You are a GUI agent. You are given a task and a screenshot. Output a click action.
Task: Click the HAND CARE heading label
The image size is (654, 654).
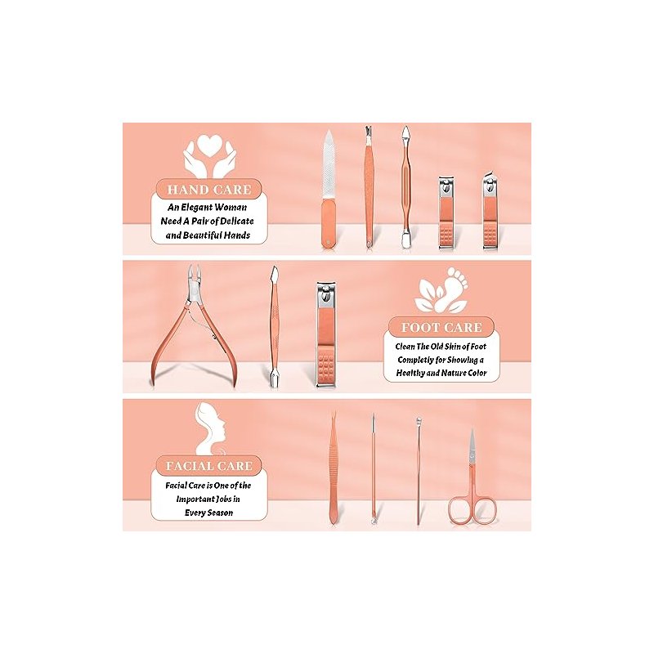209,190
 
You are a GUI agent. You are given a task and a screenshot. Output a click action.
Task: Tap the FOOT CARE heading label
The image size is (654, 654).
441,328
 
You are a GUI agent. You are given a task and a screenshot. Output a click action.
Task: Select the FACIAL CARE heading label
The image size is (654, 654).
209,466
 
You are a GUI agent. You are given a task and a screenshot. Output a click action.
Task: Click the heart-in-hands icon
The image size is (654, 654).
209,155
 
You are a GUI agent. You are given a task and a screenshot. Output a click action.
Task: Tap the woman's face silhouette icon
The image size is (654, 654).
211,428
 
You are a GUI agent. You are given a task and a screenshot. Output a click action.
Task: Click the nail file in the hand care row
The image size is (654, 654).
329,189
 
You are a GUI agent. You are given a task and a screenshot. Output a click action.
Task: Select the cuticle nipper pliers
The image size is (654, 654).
195,325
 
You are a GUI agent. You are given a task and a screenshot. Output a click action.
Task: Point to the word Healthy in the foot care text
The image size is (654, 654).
410,373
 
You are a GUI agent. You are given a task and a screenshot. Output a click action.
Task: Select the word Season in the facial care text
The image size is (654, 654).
220,513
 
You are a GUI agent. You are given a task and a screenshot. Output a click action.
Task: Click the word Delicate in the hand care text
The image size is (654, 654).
237,221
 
